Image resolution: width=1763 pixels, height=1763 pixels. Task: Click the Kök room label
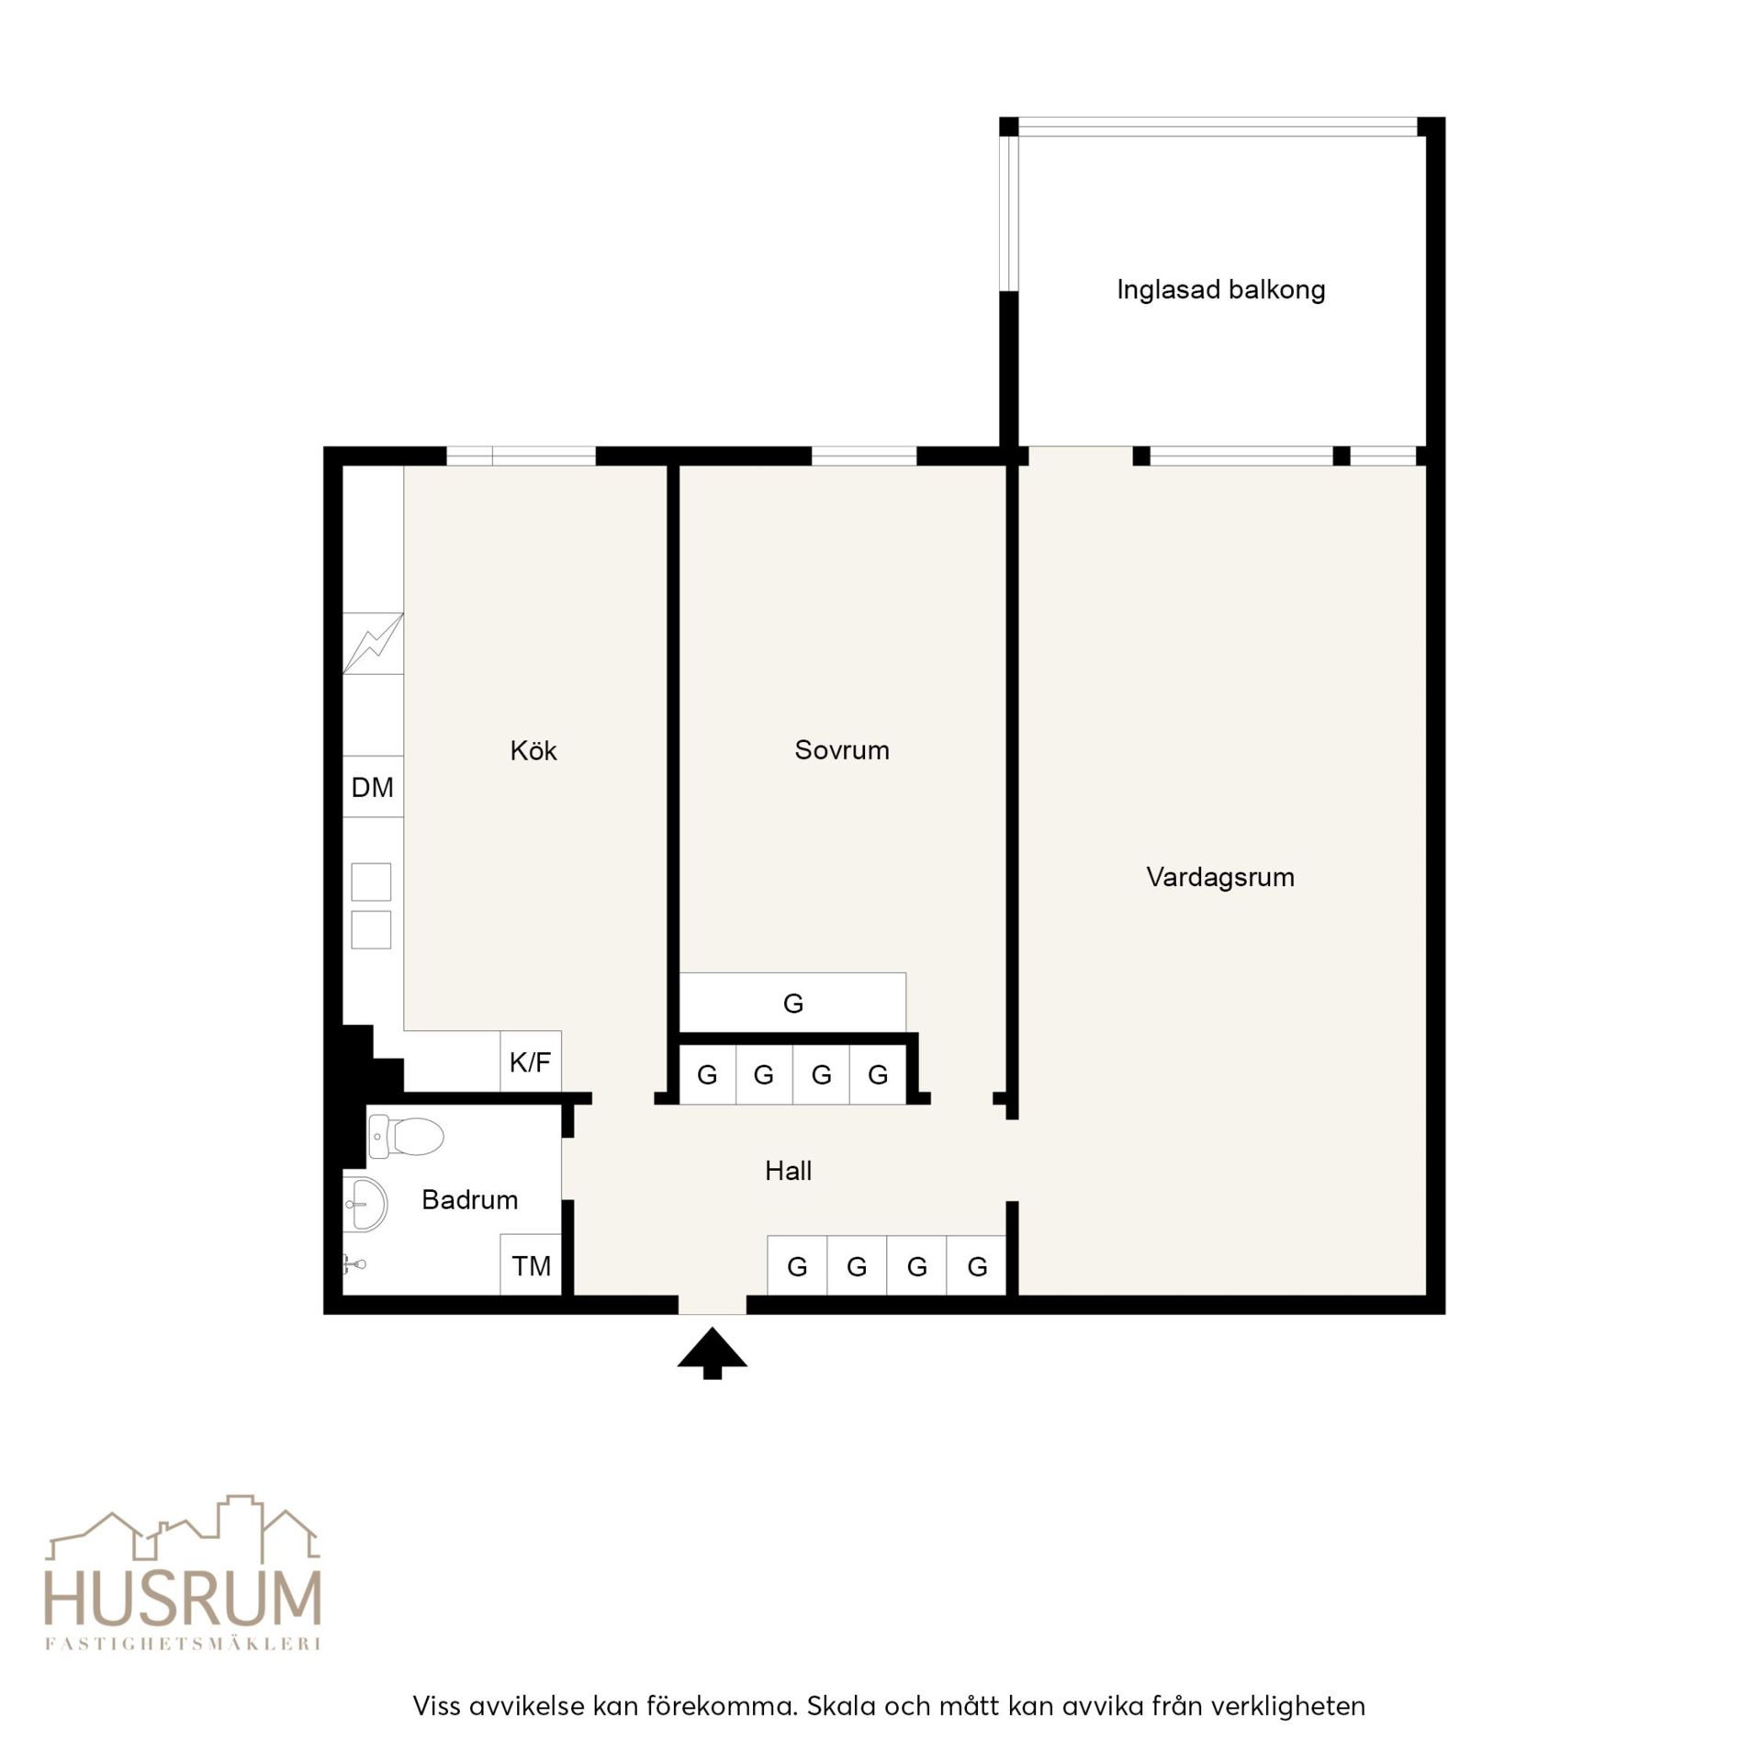point(533,750)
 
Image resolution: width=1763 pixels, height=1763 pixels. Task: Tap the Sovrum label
point(842,750)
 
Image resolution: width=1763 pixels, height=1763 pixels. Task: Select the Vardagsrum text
point(1220,877)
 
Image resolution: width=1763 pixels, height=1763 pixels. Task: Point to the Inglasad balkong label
point(1221,290)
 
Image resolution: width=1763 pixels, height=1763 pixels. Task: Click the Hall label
point(788,1171)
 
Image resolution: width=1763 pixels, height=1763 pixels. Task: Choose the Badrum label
point(469,1199)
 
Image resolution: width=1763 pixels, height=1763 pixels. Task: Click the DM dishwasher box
point(373,787)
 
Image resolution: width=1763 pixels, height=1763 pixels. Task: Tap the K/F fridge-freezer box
point(531,1061)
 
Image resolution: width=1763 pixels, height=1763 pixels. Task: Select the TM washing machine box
point(531,1265)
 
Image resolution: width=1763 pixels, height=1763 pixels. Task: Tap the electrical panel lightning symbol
point(373,643)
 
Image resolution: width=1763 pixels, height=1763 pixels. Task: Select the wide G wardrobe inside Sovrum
point(792,1003)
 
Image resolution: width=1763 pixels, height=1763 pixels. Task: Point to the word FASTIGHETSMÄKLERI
point(183,1644)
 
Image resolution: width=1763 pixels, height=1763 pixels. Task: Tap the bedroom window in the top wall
point(864,455)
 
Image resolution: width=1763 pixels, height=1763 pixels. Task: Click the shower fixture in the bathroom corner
point(354,1264)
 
